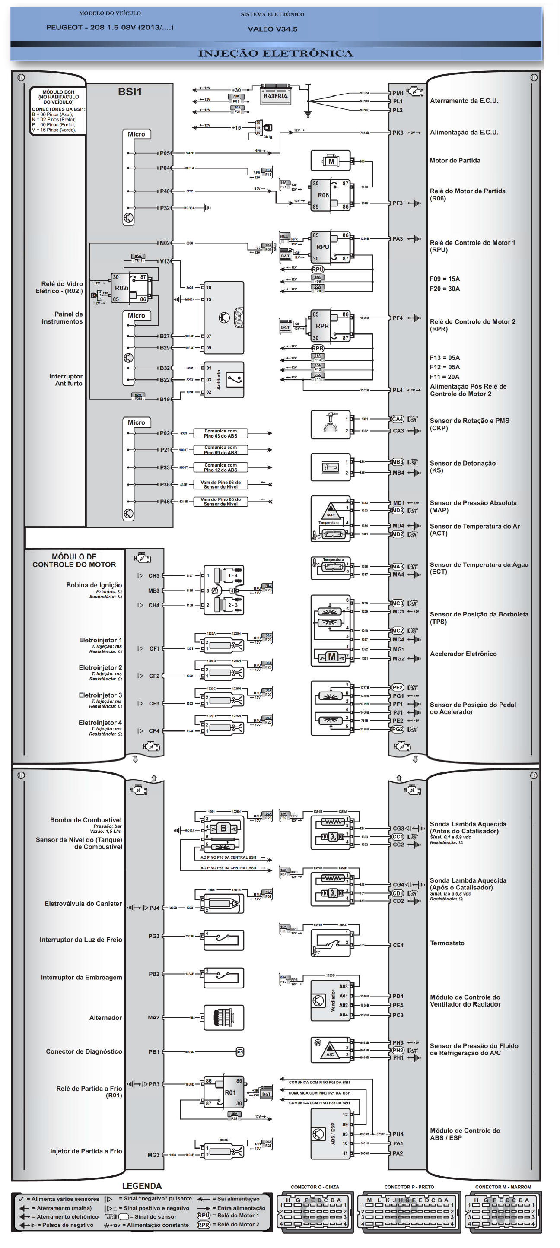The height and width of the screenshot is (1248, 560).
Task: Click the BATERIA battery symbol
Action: (275, 95)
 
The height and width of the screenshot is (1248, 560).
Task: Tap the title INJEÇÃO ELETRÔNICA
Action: (275, 53)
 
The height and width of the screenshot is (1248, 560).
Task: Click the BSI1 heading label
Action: (130, 92)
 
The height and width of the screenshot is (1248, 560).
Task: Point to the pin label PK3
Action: (397, 133)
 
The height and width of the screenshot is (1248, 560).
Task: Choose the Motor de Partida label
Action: (455, 160)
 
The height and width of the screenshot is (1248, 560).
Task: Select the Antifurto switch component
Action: (224, 380)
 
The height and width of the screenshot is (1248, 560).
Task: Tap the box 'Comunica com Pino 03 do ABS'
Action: (220, 433)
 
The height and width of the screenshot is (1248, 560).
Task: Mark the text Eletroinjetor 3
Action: (100, 695)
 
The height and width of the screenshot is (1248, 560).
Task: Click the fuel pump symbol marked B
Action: (223, 828)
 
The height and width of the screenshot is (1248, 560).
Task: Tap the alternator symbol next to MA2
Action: (223, 1018)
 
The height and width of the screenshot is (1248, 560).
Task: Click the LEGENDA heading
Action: (141, 1185)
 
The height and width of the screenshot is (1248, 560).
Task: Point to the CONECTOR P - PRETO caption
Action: (409, 1187)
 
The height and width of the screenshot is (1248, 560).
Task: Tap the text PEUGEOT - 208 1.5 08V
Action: (109, 28)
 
